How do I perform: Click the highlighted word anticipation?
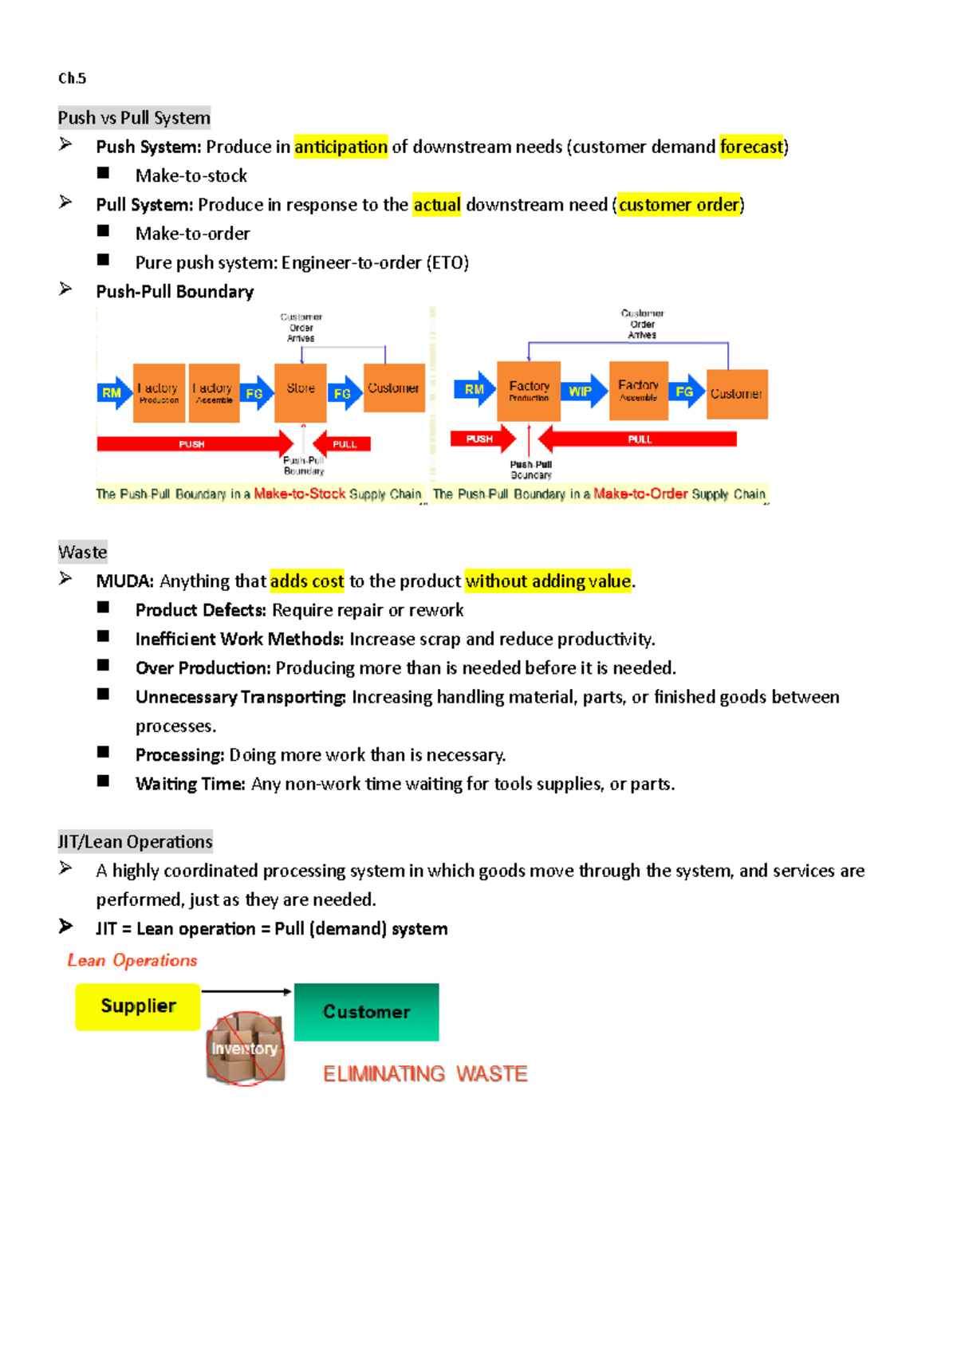point(341,147)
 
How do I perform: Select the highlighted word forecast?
point(750,147)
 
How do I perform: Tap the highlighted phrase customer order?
point(679,205)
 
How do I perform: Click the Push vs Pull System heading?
point(134,118)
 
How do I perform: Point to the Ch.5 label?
point(72,78)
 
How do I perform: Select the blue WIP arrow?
point(582,392)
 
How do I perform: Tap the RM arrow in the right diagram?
point(475,390)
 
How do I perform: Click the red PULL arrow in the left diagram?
point(343,444)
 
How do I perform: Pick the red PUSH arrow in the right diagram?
point(482,439)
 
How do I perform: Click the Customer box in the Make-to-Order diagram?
point(737,394)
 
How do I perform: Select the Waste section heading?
point(82,553)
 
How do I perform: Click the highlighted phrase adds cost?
point(307,581)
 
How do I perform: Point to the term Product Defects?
point(200,611)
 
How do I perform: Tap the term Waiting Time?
point(190,785)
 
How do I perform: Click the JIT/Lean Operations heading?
point(135,842)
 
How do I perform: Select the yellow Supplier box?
point(138,1006)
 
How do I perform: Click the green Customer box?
point(366,1012)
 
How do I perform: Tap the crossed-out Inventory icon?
point(245,1048)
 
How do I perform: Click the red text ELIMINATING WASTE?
point(425,1074)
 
